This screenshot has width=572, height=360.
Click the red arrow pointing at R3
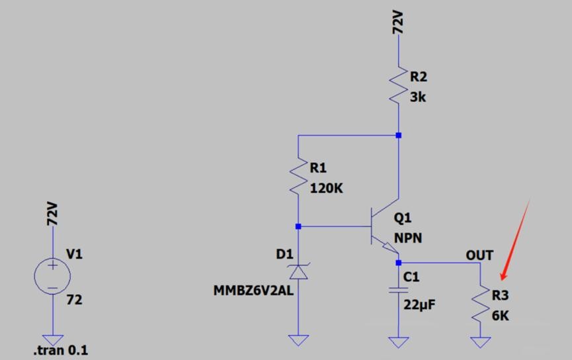tap(515, 238)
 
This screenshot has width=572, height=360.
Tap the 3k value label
tap(418, 97)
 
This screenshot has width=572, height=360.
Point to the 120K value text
tap(327, 189)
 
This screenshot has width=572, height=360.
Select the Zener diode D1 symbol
tap(298, 271)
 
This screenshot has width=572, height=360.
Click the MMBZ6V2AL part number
tap(253, 291)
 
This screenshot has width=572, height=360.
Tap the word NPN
tap(408, 238)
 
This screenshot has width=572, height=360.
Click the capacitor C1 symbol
tap(398, 289)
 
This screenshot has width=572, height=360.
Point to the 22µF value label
tap(419, 304)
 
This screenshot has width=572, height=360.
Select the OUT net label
tap(479, 255)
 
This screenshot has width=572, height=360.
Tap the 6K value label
tap(501, 316)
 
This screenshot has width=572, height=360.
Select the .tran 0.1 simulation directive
tap(60, 350)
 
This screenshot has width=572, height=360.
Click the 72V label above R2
tap(399, 22)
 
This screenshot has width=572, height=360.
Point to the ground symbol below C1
tap(398, 341)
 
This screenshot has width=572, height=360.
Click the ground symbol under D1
tap(298, 340)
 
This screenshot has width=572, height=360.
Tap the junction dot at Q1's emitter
tap(398, 263)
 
